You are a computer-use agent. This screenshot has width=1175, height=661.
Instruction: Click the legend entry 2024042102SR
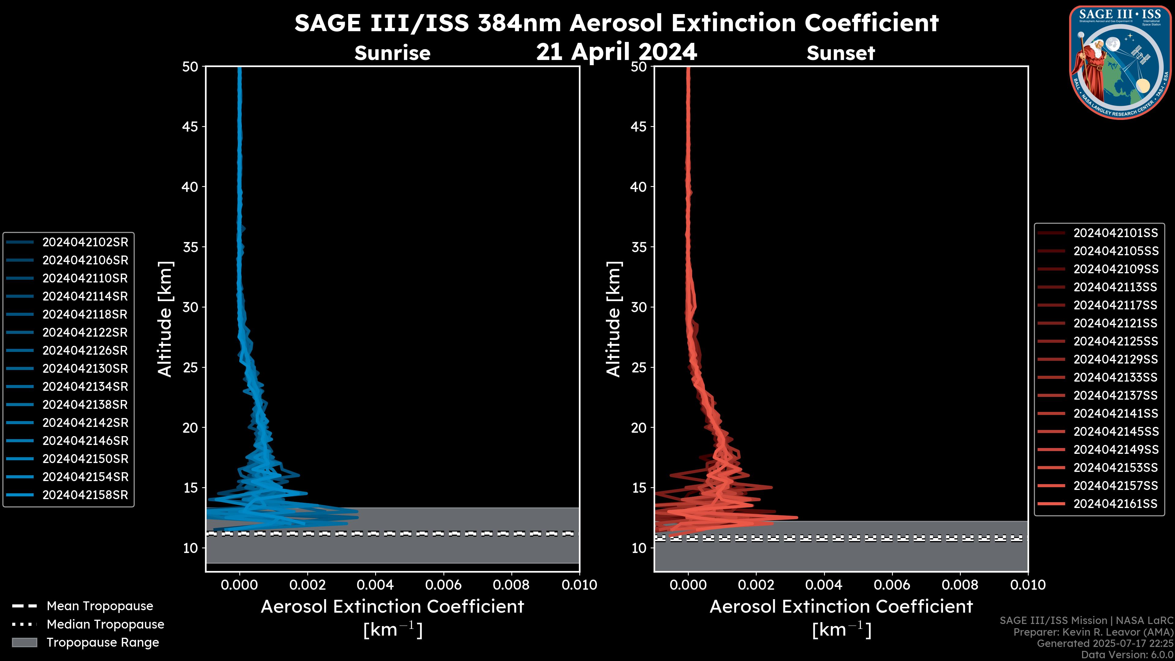pos(85,242)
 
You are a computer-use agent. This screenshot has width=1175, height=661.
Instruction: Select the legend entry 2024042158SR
pos(85,495)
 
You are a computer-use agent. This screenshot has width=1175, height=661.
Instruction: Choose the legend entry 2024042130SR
pos(85,368)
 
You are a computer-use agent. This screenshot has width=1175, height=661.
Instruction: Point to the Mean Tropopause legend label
pos(100,606)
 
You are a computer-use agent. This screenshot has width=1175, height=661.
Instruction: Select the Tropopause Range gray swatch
pos(24,642)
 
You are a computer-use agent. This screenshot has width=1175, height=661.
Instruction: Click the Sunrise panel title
pos(392,53)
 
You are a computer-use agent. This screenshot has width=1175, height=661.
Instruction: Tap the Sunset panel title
pos(840,53)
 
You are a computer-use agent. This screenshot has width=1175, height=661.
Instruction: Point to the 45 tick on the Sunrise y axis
pos(190,127)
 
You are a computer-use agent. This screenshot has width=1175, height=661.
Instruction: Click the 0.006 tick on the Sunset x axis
pos(892,585)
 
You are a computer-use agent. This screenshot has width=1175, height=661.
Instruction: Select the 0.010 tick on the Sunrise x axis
pos(579,585)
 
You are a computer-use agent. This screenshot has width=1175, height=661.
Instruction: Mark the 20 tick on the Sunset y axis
pos(639,428)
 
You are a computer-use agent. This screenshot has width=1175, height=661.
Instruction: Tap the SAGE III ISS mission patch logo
pos(1120,62)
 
